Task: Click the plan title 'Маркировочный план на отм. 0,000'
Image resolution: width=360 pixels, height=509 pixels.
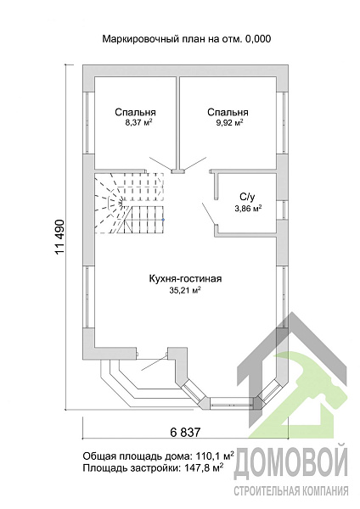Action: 187,39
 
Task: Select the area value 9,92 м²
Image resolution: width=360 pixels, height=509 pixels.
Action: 230,123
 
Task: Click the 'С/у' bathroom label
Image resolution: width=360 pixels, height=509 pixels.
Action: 246,198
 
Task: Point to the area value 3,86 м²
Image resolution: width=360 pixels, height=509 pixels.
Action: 248,209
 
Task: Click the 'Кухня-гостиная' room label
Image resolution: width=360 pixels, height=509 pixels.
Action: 185,279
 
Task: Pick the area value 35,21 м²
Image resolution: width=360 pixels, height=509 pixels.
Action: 184,290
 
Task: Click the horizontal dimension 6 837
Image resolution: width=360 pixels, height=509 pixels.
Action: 185,433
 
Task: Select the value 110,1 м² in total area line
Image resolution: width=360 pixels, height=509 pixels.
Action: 215,456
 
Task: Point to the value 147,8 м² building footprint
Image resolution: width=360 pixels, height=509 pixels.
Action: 201,467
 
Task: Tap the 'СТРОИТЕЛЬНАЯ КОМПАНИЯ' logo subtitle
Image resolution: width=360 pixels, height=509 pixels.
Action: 290,491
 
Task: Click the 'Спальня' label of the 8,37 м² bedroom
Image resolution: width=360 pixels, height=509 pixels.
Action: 135,113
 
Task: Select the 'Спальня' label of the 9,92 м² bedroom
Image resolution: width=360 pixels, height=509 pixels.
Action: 228,113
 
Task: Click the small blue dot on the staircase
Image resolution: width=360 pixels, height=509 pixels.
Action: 163,220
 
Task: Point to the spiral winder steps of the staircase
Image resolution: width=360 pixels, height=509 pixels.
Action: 110,204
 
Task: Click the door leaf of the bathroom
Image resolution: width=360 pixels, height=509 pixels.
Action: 208,213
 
